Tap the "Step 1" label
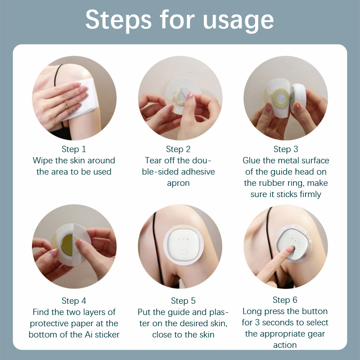click(74, 149)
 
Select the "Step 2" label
click(178, 149)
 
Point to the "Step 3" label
click(286, 149)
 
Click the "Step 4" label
click(74, 301)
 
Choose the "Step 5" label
click(183, 301)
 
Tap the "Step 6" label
click(285, 300)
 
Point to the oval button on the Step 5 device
click(183, 252)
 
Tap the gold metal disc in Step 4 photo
click(67, 245)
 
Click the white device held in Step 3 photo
click(298, 98)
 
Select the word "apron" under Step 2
click(178, 184)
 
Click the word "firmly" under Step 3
click(310, 194)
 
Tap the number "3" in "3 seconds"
click(257, 323)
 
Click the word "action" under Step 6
click(285, 345)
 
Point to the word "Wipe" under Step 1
click(43, 161)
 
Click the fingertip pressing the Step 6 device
click(290, 249)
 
